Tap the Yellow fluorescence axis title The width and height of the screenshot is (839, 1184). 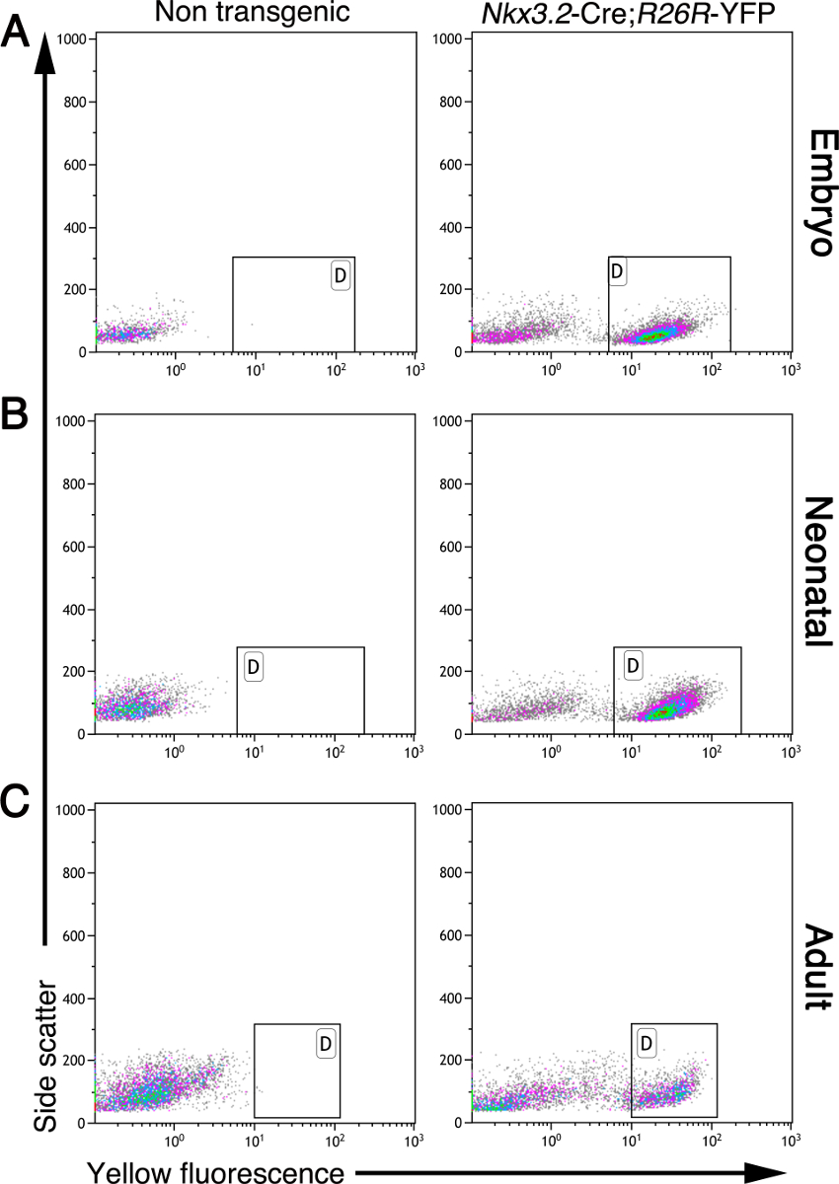[216, 1171]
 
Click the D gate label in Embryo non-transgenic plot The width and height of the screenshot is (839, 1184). [341, 275]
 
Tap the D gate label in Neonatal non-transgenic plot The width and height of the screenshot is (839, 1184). [254, 667]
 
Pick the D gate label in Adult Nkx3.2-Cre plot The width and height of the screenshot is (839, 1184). [648, 1042]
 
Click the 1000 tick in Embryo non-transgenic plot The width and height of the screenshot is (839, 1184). [75, 38]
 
